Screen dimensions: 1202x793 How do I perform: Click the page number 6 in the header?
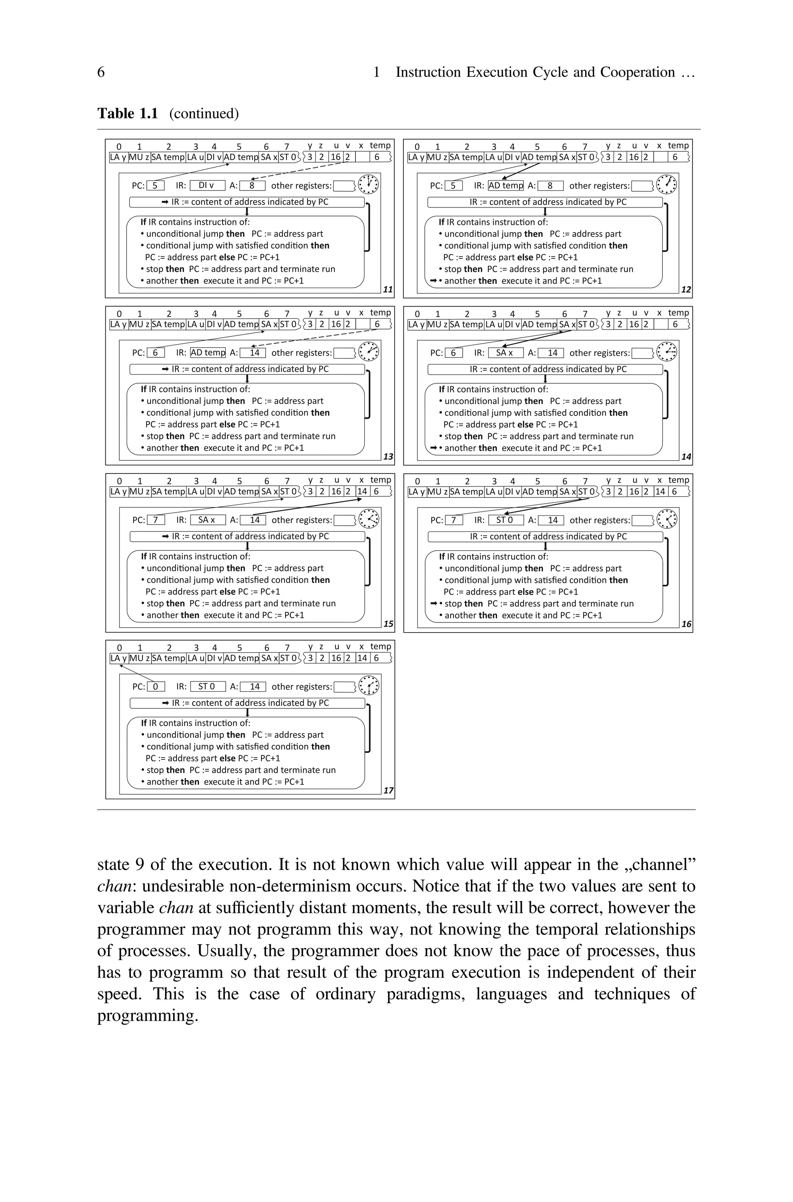[x=101, y=72]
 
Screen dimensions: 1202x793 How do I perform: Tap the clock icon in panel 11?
[x=368, y=185]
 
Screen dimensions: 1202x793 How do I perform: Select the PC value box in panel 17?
[x=156, y=686]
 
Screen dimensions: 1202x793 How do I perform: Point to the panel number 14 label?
[x=686, y=456]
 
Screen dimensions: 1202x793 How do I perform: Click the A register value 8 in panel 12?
[x=550, y=185]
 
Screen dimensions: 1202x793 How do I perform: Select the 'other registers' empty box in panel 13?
[x=344, y=353]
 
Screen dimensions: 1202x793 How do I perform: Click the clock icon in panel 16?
[x=667, y=519]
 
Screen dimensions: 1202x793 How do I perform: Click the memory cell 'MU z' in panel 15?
[x=139, y=491]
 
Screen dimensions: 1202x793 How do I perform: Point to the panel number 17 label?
[x=388, y=790]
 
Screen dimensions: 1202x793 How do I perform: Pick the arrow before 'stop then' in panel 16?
[x=433, y=604]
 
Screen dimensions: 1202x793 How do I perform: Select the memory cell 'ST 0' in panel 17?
[x=288, y=658]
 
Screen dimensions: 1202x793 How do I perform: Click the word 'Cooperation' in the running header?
[x=637, y=72]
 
